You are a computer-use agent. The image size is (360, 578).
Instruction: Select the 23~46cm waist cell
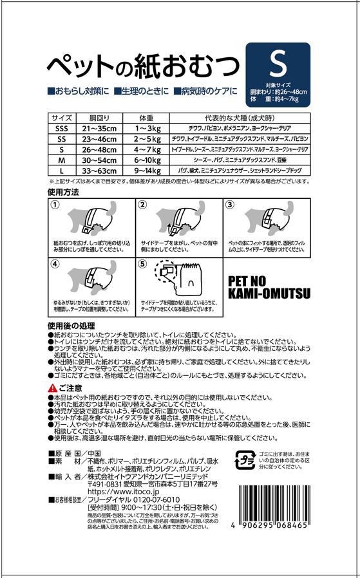pyautogui.click(x=95, y=138)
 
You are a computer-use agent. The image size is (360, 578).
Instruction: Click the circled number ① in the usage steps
pyautogui.click(x=55, y=204)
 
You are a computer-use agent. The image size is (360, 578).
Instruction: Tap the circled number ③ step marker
pyautogui.click(x=230, y=204)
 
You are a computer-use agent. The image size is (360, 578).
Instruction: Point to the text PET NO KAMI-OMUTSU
pyautogui.click(x=269, y=288)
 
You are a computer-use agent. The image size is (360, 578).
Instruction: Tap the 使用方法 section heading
pyautogui.click(x=63, y=192)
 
